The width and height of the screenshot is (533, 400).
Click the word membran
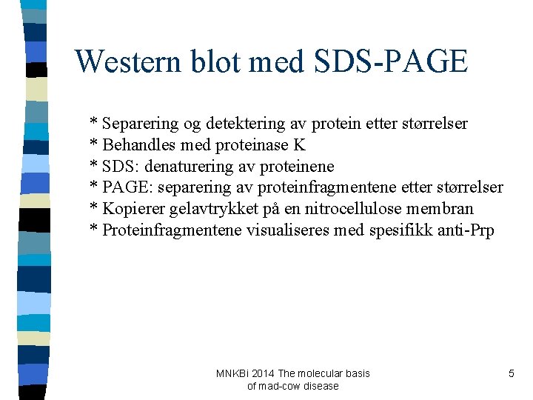coord(441,209)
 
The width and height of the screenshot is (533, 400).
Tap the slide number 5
coord(511,374)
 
